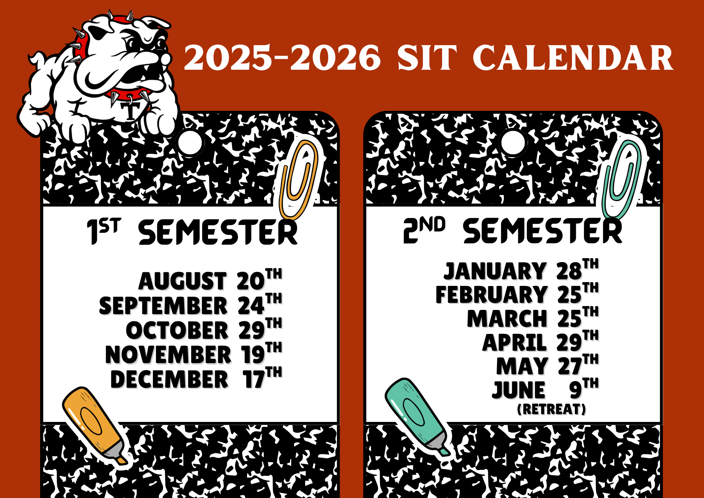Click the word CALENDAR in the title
coord(573,58)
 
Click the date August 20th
coord(210,280)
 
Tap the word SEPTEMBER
coord(163,305)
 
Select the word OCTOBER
coord(177,330)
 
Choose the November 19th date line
coord(194,354)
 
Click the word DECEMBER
coord(169,379)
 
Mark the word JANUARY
coord(495,271)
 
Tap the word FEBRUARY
coord(491,294)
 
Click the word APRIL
coord(514,342)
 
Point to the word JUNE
coord(518,390)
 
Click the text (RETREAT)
coord(552,409)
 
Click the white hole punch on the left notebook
coord(190,143)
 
